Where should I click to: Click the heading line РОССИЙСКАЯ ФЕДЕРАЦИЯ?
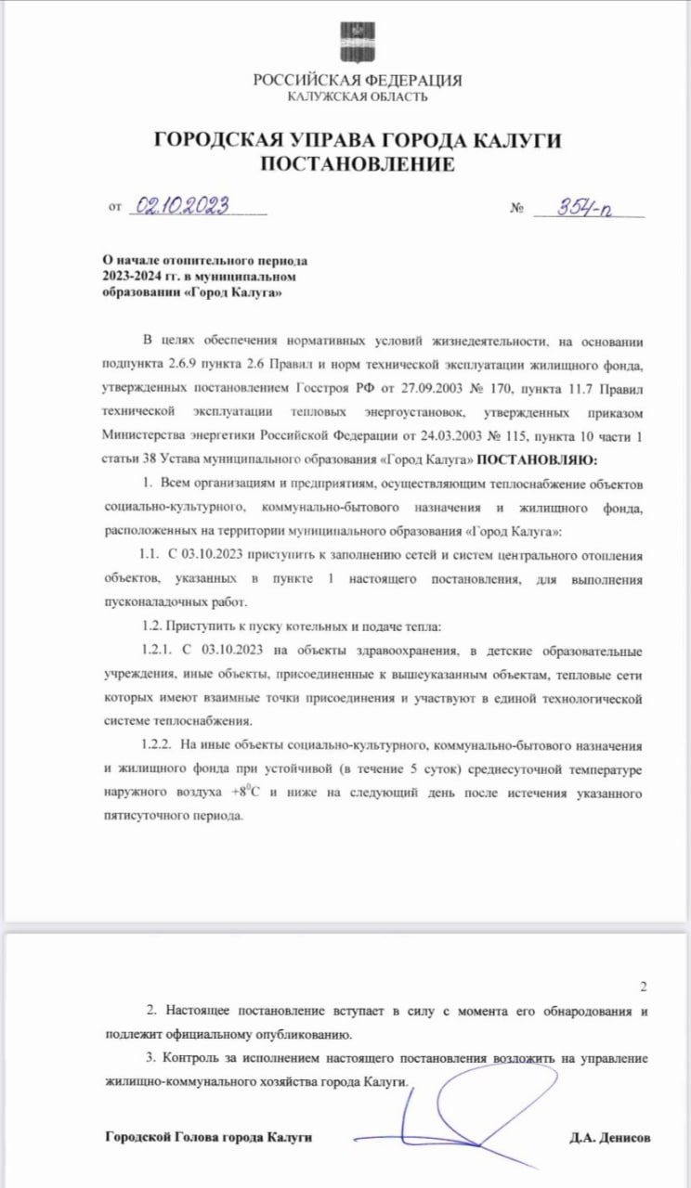pos(358,81)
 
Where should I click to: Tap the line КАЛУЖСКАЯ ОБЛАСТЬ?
pos(358,97)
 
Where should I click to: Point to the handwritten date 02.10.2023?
pos(182,207)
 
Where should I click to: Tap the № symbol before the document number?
pos(517,209)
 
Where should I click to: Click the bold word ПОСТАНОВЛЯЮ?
pos(540,460)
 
